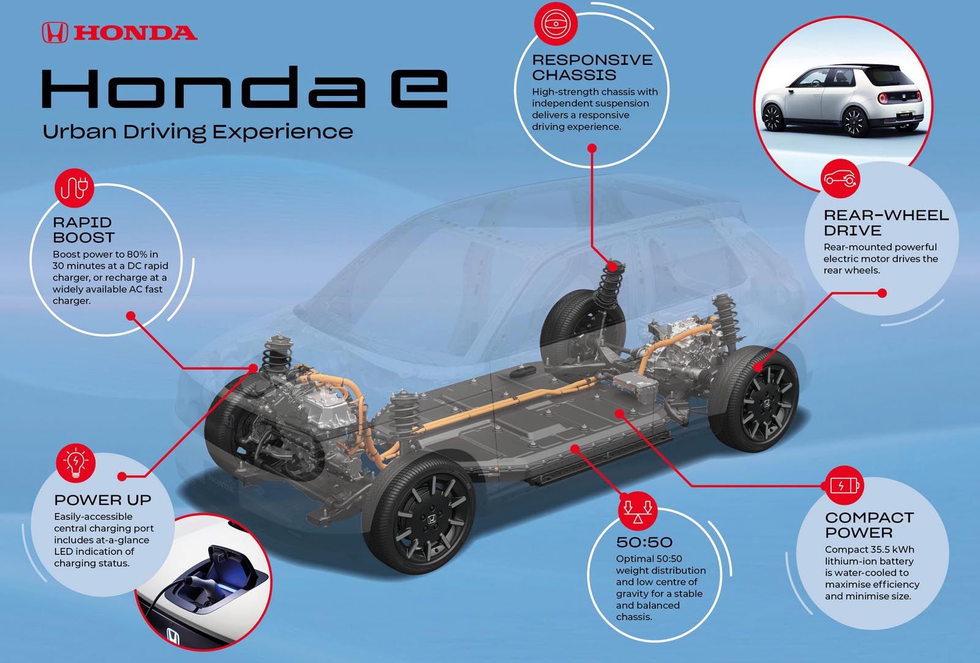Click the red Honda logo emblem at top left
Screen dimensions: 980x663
coord(55,33)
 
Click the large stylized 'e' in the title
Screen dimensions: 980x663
coord(419,88)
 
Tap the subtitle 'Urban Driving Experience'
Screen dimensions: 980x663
coord(198,132)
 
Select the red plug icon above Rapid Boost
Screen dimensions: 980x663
coord(74,188)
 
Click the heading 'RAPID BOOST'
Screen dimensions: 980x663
coord(83,230)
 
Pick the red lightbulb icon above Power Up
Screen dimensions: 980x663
coord(76,463)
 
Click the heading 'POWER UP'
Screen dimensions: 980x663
coord(103,500)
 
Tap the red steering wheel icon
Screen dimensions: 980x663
coord(556,24)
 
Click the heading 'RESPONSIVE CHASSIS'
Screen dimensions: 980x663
coord(592,67)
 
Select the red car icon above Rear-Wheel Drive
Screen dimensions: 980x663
coord(840,178)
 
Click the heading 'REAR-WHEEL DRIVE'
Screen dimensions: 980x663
coord(886,223)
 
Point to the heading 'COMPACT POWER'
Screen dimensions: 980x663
coord(870,525)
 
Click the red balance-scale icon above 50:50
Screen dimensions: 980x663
coord(638,511)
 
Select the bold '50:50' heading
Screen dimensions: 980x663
coord(644,542)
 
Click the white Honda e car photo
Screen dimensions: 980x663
coord(843,100)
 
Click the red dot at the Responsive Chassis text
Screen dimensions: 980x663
coord(592,148)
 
